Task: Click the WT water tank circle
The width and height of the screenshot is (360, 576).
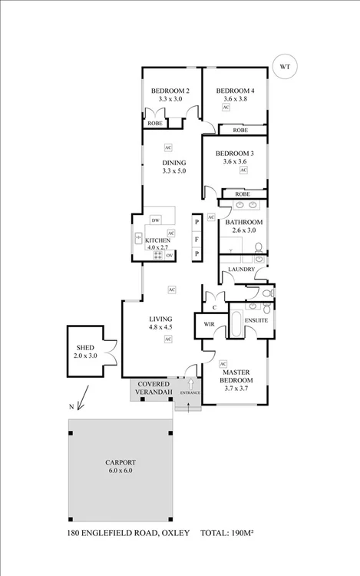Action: [285, 67]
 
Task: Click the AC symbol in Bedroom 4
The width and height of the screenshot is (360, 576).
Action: [226, 108]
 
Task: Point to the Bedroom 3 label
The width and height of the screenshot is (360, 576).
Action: [234, 152]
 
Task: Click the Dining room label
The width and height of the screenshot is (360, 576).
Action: [174, 162]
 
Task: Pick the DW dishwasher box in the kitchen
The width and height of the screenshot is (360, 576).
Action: [155, 221]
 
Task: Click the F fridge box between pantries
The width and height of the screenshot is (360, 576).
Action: [197, 239]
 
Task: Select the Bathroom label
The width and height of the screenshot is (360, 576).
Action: [243, 222]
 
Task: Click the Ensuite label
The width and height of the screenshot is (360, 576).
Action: [256, 320]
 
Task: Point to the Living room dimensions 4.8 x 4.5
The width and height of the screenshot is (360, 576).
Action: [161, 326]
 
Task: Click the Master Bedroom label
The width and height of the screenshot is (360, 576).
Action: [238, 376]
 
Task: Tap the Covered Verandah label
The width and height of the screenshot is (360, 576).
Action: [151, 389]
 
